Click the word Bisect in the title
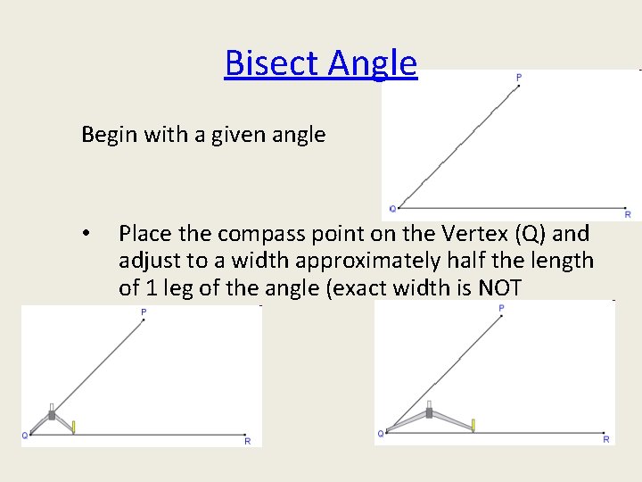click(273, 63)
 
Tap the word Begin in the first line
click(105, 135)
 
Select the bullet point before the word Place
click(86, 235)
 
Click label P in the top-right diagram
click(519, 79)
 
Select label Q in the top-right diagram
click(392, 210)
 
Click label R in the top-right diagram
click(628, 214)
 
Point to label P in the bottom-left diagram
click(144, 312)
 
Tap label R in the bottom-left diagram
click(247, 441)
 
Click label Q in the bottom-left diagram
click(25, 436)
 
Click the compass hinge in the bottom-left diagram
click(52, 414)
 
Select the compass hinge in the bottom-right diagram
click(429, 412)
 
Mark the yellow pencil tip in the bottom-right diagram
click(473, 425)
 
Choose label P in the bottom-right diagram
click(501, 308)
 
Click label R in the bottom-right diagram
click(606, 439)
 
